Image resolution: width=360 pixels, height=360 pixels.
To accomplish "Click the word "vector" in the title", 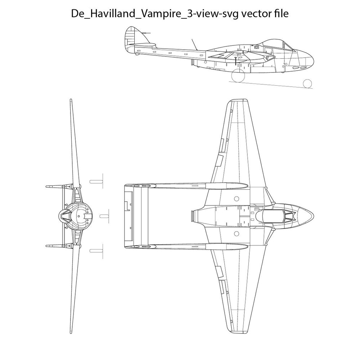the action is [256, 14].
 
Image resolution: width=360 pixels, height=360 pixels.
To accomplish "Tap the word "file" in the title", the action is [281, 13].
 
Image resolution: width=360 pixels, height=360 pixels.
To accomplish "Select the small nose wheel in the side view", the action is [307, 84].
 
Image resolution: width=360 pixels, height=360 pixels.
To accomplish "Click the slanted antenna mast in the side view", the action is [195, 44].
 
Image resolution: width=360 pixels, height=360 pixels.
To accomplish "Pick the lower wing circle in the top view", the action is [236, 234].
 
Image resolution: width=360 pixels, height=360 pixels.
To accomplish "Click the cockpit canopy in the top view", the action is [275, 216].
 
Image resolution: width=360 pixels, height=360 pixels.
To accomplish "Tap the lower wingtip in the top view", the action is [237, 331].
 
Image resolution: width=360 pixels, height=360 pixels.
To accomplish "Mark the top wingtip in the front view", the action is [71, 100].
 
